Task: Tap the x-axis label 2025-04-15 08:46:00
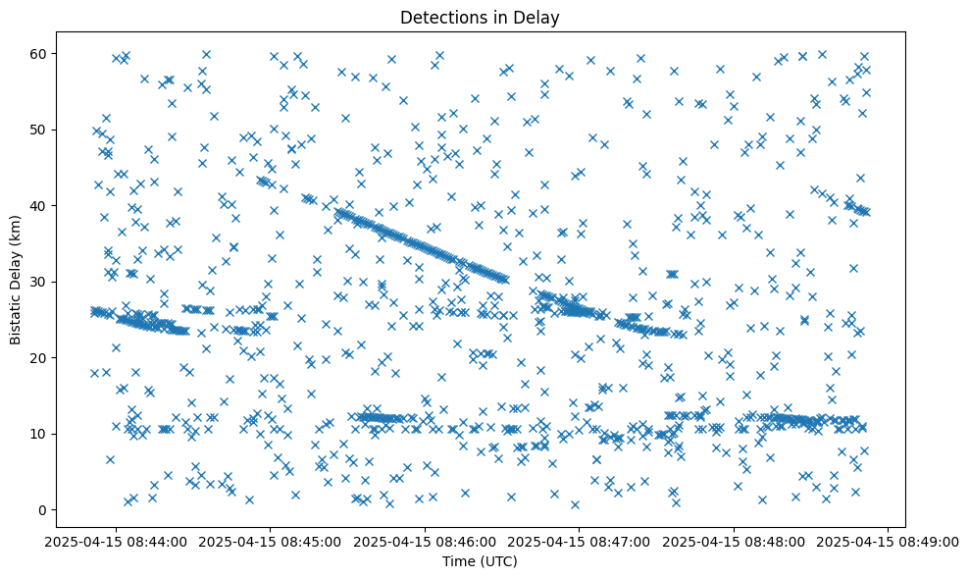click(x=425, y=540)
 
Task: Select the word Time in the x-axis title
click(x=462, y=561)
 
